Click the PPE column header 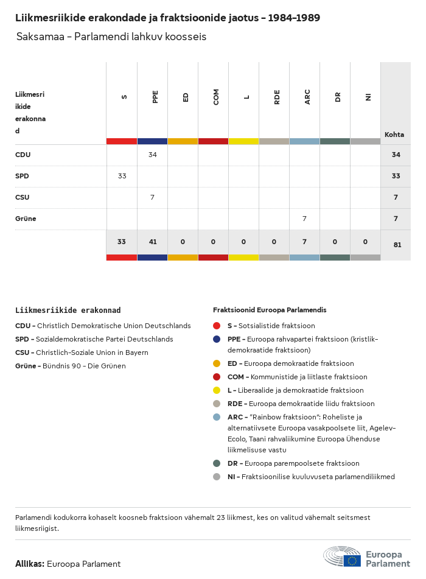155,97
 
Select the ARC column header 307,97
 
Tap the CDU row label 23,155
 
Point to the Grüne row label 26,219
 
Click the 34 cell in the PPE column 152,155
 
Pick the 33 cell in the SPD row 122,176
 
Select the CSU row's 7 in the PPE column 152,197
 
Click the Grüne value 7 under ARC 304,219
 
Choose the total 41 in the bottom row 152,242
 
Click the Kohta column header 394,135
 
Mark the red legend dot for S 217,326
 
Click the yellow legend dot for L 217,390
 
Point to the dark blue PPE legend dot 217,339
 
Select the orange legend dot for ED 217,363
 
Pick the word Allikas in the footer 29,564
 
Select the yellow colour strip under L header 243,141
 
